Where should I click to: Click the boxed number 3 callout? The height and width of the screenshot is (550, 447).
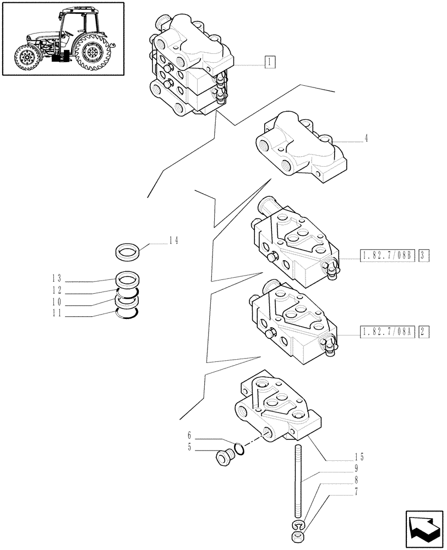click(423, 255)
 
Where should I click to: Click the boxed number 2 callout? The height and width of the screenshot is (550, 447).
click(423, 332)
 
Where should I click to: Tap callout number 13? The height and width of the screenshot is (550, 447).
click(56, 279)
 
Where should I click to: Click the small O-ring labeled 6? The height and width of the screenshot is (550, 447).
click(239, 449)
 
